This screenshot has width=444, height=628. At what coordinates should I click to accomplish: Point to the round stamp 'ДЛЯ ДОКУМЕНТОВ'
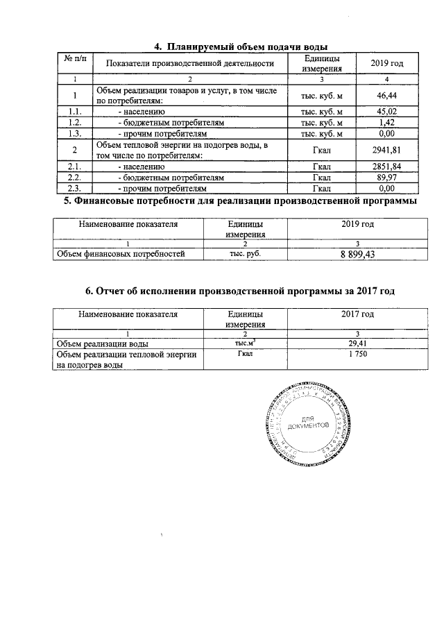306,427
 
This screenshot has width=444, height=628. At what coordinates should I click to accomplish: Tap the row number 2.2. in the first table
74,178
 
